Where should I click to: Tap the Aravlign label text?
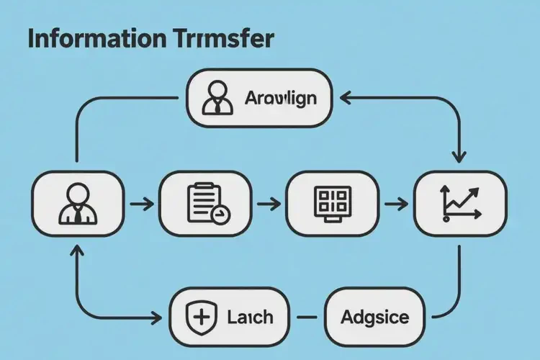pos(280,98)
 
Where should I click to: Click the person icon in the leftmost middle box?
pos(77,204)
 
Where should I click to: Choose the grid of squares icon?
pos(333,203)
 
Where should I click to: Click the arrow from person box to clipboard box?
pos(141,204)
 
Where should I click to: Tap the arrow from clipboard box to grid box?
pos(269,204)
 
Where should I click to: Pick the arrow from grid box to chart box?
pos(395,204)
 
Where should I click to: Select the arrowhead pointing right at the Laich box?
pos(157,318)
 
